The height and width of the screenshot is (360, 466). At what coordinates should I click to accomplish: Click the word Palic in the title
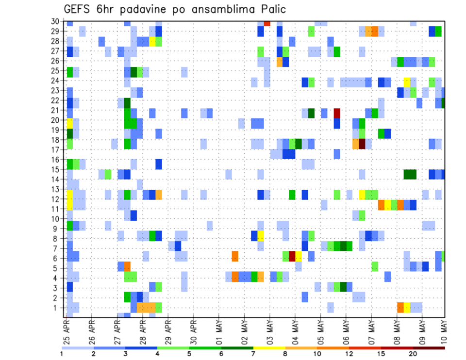pos(272,9)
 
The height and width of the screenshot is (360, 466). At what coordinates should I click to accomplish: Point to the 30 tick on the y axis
pos(55,21)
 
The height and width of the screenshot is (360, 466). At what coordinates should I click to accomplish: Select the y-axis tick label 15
pos(55,169)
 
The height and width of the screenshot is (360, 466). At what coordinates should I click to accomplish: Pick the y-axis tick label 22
pos(55,100)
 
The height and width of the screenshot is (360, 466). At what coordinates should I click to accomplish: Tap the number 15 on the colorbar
pos(382,354)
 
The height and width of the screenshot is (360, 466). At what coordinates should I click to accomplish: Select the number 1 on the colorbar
pos(62,354)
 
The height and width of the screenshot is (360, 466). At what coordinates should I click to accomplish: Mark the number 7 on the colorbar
pos(254,354)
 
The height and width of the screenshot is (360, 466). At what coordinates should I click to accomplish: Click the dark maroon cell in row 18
pos(362,144)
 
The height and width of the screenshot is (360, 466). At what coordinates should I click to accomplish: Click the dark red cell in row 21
pos(336,113)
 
